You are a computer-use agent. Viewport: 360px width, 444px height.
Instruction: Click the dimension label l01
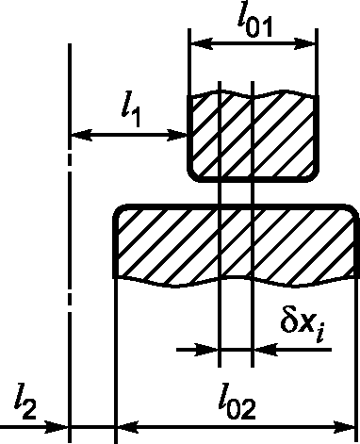[254, 25]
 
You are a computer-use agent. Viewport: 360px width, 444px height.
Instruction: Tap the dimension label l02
[237, 402]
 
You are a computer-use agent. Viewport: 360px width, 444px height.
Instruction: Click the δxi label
[303, 326]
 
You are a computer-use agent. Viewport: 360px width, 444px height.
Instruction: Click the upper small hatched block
[254, 136]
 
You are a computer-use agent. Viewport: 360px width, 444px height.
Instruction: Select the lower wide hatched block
[236, 245]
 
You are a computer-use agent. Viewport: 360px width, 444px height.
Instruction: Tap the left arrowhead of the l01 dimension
[202, 44]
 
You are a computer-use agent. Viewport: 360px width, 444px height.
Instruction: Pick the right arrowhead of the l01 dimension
[304, 44]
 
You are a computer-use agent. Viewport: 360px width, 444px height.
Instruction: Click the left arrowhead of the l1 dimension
[82, 135]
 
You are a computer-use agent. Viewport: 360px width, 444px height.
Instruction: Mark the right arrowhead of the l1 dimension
[176, 135]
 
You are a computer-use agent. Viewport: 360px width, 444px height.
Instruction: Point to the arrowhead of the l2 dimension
[57, 428]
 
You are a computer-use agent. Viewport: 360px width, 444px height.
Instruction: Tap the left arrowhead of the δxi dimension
[206, 350]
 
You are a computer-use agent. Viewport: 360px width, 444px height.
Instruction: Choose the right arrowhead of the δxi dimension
[266, 350]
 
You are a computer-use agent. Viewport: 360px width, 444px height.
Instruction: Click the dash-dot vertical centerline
[70, 242]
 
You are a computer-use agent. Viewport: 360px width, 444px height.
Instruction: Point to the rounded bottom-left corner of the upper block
[191, 178]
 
